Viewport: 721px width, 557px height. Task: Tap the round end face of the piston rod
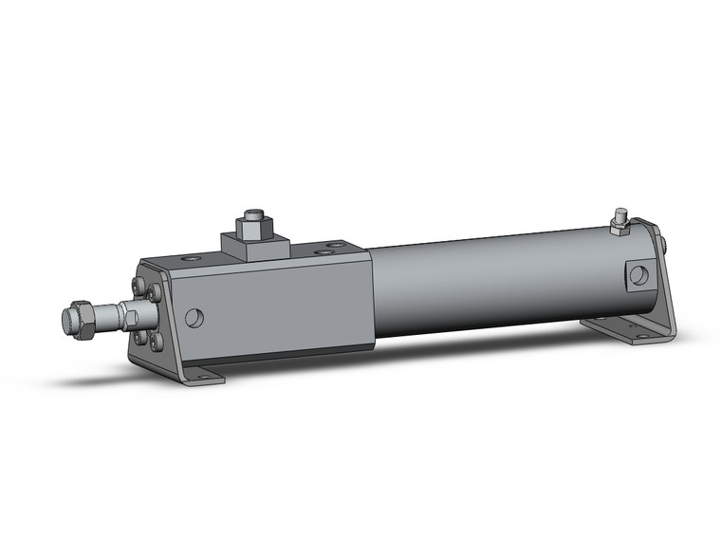67,321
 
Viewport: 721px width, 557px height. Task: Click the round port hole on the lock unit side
195,318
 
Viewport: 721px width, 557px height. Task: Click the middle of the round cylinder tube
493,280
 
